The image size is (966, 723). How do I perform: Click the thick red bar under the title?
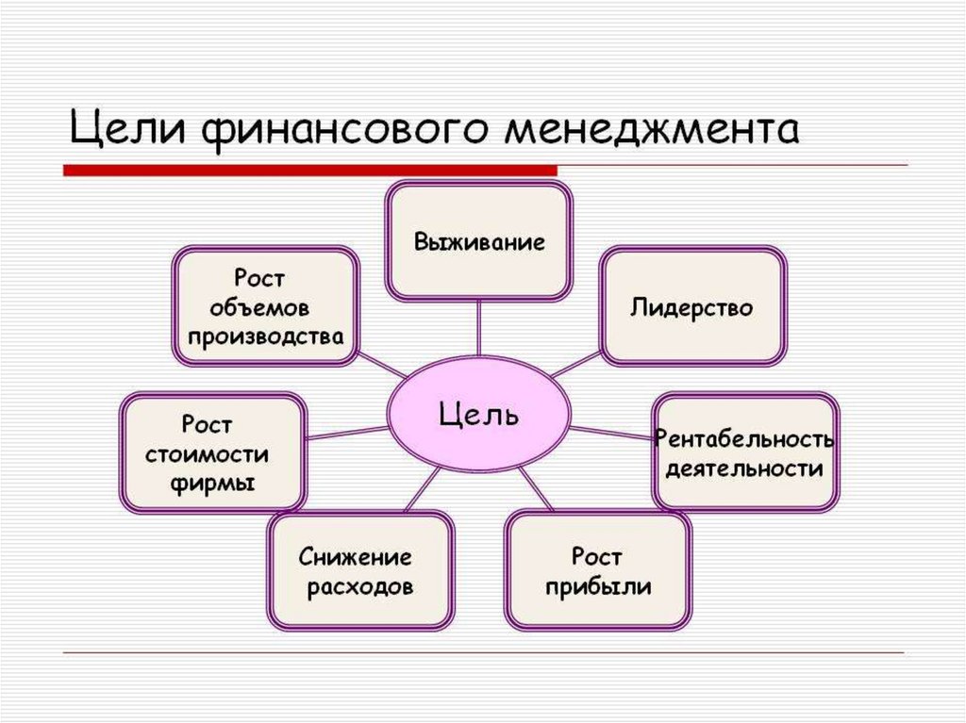(309, 170)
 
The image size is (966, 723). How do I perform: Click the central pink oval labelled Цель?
(478, 414)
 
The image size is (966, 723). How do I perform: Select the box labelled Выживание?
(479, 241)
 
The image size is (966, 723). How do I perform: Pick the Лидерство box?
(692, 306)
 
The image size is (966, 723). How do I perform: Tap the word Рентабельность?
(743, 438)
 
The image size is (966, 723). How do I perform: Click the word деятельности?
(744, 468)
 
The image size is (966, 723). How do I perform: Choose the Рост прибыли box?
(597, 571)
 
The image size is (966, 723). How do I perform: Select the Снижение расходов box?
(360, 571)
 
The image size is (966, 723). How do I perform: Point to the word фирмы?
(212, 484)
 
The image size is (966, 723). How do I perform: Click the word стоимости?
(207, 454)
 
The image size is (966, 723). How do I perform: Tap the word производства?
(265, 337)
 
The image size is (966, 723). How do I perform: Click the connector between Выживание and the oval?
(478, 329)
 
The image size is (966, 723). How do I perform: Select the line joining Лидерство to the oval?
(576, 364)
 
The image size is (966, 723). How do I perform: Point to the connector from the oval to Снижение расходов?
(422, 489)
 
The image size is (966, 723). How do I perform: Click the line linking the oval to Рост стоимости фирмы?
(347, 433)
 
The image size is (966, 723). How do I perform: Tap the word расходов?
(359, 587)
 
